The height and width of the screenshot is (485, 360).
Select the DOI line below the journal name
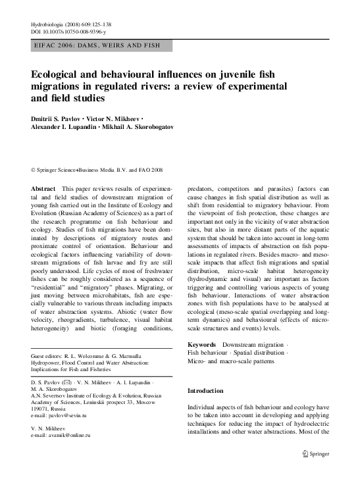pos(69,32)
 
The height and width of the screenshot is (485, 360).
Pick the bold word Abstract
pos(43,189)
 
